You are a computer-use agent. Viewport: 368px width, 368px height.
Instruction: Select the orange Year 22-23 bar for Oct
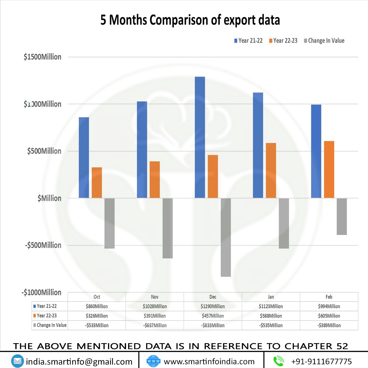coord(97,182)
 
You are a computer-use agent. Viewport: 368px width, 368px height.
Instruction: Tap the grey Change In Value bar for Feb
coord(342,217)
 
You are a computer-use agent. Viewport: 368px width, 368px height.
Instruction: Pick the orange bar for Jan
coord(271,170)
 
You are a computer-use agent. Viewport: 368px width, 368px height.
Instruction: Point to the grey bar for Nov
coord(168,228)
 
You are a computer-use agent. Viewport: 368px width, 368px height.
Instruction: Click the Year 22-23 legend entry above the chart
coord(283,41)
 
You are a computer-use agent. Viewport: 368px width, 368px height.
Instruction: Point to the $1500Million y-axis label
coord(43,57)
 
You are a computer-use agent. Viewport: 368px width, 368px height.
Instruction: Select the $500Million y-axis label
coord(44,151)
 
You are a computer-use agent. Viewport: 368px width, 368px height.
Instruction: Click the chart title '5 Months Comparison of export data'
coord(190,20)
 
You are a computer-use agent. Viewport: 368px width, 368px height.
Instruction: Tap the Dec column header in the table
coord(213,297)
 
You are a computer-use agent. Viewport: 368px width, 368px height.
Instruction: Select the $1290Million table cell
coord(213,306)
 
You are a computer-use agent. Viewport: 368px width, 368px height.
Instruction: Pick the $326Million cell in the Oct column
coord(97,316)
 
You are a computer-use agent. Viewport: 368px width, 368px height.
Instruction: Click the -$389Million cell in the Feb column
coord(329,325)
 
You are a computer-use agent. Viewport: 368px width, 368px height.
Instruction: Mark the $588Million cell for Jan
coord(271,316)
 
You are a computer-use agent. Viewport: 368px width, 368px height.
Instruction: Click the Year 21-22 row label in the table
coord(49,306)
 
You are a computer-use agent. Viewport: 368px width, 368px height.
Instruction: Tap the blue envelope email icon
coord(17,361)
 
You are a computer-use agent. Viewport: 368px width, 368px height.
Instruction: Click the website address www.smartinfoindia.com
coord(209,362)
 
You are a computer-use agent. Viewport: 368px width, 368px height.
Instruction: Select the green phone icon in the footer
coord(279,361)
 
